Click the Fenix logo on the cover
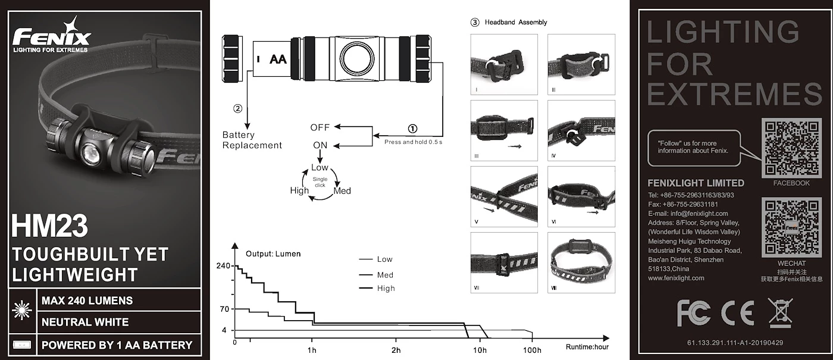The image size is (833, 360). (52, 37)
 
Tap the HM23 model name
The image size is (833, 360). (49, 226)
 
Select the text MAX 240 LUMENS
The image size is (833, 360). (87, 300)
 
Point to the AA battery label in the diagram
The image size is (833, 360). (278, 59)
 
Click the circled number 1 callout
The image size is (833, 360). (412, 129)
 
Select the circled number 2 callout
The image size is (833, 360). (237, 109)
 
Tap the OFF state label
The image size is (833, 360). (320, 127)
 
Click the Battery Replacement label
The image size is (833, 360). (252, 140)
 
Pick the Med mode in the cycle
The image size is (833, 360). (342, 191)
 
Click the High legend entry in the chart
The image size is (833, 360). (386, 288)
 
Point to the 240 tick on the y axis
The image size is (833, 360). (223, 266)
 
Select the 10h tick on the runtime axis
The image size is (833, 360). (480, 350)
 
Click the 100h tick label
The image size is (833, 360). (532, 350)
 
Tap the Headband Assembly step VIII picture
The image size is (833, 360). (581, 262)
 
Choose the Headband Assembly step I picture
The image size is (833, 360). (504, 64)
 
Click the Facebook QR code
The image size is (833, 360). (791, 148)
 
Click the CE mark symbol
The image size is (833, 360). (737, 312)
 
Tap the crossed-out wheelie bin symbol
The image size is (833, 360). (780, 312)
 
